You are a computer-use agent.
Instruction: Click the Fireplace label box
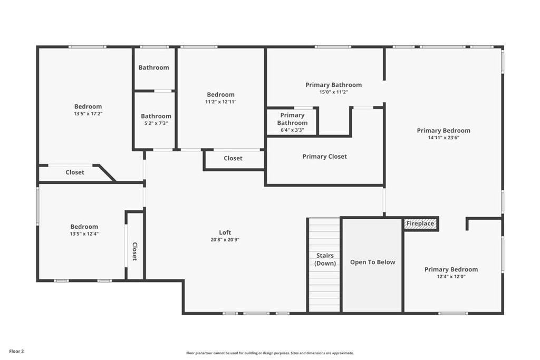coord(420,223)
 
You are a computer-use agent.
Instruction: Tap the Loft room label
coord(225,232)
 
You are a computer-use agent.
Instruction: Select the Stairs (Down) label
coord(325,259)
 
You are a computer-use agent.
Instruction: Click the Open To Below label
coord(373,262)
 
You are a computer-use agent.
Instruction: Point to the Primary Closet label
coord(324,156)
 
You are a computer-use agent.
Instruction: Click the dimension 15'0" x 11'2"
coord(333,92)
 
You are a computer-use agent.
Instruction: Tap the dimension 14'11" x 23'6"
coord(443,138)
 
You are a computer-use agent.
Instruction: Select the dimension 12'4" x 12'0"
coord(451,276)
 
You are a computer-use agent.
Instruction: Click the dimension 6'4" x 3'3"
coord(292,130)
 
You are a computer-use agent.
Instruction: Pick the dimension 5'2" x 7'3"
coord(156,123)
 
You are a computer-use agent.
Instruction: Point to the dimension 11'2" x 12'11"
coord(221,102)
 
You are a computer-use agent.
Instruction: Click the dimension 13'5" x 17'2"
coord(88,113)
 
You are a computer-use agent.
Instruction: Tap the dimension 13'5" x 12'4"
coord(84,233)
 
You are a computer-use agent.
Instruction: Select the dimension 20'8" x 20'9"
coord(225,239)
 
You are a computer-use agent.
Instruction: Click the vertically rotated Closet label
coord(134,251)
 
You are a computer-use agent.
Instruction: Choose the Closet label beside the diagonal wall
coord(75,172)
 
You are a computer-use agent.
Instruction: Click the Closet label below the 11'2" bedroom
coord(233,158)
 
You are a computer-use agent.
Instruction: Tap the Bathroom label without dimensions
coord(154,67)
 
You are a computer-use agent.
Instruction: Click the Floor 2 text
coord(16,352)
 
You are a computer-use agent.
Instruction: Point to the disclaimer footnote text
coord(270,353)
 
